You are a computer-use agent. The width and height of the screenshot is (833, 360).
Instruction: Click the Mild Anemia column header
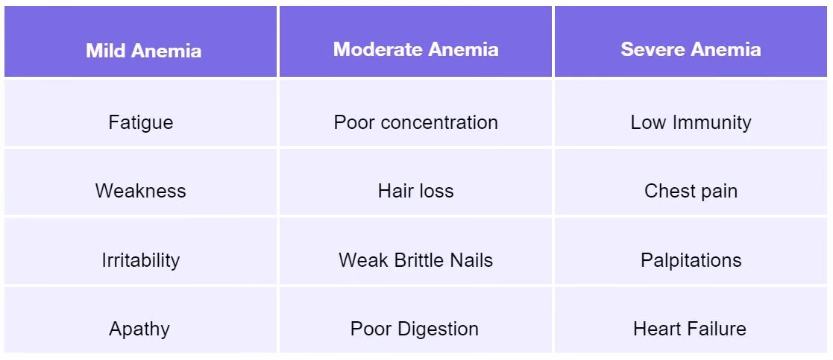pos(140,42)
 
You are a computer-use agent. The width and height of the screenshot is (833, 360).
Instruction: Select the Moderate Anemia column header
pos(415,42)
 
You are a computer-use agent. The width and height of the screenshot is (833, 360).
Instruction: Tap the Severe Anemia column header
pos(691,42)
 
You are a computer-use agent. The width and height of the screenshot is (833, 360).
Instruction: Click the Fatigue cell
pos(140,113)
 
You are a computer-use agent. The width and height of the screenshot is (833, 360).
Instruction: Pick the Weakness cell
pos(140,182)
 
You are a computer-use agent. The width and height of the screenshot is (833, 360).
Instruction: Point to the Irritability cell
pos(140,250)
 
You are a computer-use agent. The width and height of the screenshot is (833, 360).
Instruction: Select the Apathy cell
pos(140,320)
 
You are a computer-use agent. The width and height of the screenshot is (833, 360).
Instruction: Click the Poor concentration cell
pos(415,113)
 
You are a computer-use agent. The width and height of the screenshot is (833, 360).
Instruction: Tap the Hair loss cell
pos(415,182)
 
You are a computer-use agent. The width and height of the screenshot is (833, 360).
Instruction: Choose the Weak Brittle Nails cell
pos(415,250)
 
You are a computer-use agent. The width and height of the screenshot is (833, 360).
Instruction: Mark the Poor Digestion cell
pos(415,320)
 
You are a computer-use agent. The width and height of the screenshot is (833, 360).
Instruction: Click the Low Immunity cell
pos(691,113)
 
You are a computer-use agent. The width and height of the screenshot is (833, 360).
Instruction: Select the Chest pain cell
pos(691,182)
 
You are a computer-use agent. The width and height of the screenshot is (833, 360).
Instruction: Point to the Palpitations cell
pos(691,250)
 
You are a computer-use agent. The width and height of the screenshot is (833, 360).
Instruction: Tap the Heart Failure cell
pos(691,320)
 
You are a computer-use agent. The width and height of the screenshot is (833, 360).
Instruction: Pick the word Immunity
pos(712,123)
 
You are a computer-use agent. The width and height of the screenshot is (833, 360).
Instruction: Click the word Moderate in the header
pos(378,49)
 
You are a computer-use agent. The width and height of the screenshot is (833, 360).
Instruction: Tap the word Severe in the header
pos(653,49)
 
